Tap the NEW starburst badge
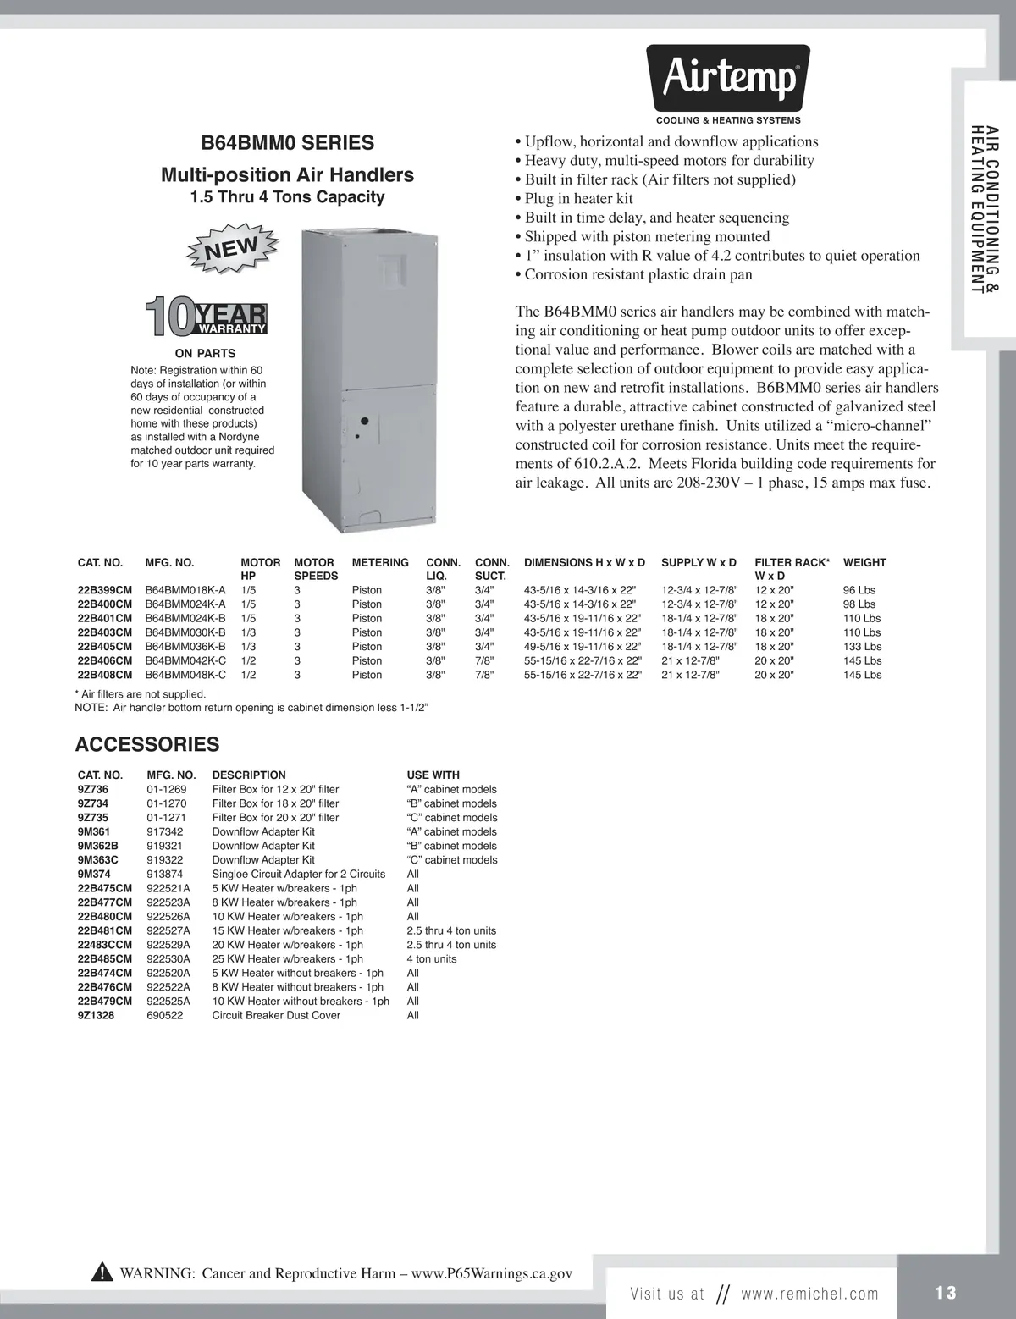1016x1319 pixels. tap(231, 248)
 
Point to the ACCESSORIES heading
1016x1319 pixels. tap(147, 744)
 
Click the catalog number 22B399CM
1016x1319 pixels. tap(105, 590)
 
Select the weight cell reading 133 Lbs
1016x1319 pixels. tap(862, 647)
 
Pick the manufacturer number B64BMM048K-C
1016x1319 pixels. tap(185, 675)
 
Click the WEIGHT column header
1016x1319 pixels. tap(864, 562)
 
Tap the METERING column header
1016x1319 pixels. tap(380, 562)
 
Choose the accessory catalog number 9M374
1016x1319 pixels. tap(94, 874)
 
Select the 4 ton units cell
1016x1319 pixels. tap(432, 959)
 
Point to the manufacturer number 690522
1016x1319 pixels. tap(165, 1015)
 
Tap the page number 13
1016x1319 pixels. tap(946, 1293)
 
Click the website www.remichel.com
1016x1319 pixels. tap(809, 1294)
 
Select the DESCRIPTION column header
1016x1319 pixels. tap(249, 775)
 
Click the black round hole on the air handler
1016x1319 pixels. tap(363, 421)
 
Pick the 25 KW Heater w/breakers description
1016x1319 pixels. tap(288, 959)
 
